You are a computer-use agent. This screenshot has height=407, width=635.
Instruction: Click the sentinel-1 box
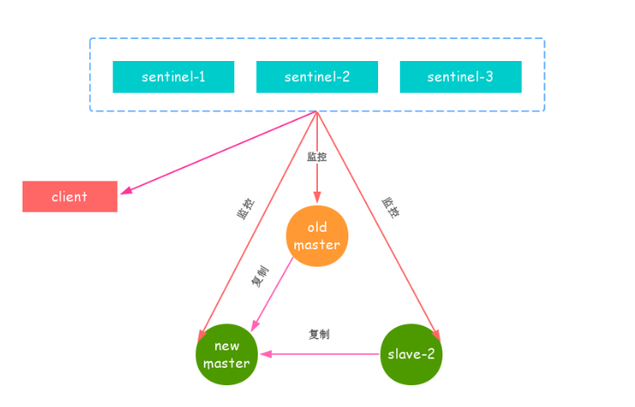tap(173, 77)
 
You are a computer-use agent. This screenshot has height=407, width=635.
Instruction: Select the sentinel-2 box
tap(316, 77)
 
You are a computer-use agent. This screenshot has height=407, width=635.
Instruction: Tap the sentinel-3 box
tap(460, 77)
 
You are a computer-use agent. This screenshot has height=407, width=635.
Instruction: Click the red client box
tap(70, 197)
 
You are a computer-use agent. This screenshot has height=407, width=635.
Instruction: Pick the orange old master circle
tap(317, 236)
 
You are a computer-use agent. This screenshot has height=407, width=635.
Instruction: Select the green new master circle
tap(226, 355)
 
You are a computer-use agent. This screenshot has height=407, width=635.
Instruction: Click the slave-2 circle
tap(410, 354)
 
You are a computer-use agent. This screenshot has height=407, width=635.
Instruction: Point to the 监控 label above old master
tap(317, 157)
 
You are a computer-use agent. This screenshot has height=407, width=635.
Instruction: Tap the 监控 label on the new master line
tap(247, 209)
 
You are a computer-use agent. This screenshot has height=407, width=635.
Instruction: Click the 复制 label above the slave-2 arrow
tap(319, 334)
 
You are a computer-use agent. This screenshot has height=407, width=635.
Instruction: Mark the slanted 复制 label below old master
tap(260, 278)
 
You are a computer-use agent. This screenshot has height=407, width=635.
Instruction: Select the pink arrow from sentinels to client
tap(218, 152)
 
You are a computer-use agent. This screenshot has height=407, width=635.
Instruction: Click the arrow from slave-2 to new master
tap(322, 355)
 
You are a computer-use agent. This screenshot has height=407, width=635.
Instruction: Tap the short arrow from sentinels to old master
tap(316, 179)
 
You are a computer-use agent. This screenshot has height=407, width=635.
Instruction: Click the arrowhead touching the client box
tap(125, 191)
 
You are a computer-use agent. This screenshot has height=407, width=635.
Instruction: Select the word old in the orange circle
tap(317, 227)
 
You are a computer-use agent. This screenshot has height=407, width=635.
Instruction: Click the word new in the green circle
tap(226, 347)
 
